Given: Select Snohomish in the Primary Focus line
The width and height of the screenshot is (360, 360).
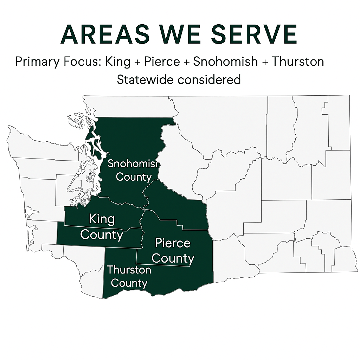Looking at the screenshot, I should (x=225, y=62).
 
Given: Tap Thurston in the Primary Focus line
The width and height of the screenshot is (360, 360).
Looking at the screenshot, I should (x=297, y=62).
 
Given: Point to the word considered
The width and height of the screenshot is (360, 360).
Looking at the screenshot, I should (x=209, y=79).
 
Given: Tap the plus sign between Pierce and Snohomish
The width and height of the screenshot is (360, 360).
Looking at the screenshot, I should (x=186, y=62).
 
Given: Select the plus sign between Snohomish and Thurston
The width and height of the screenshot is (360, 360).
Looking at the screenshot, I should (x=264, y=62).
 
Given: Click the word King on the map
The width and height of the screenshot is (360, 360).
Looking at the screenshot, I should (x=102, y=219).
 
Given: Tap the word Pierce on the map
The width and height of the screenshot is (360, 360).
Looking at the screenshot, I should (x=173, y=243).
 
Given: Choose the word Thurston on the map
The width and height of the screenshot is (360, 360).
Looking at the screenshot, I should (x=129, y=270).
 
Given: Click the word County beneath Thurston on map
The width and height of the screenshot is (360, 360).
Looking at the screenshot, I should (x=129, y=283).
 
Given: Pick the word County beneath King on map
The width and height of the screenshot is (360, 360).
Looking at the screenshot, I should (x=102, y=234).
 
